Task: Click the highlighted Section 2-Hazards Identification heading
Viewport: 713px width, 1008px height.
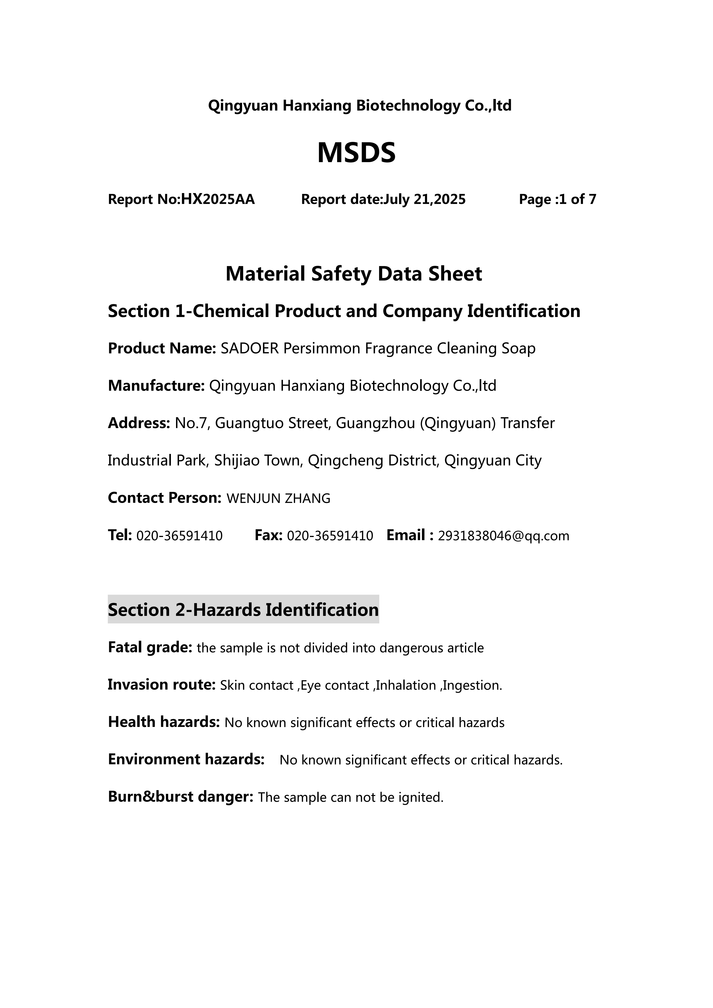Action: (243, 610)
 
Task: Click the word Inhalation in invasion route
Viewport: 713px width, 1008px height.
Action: (406, 685)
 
